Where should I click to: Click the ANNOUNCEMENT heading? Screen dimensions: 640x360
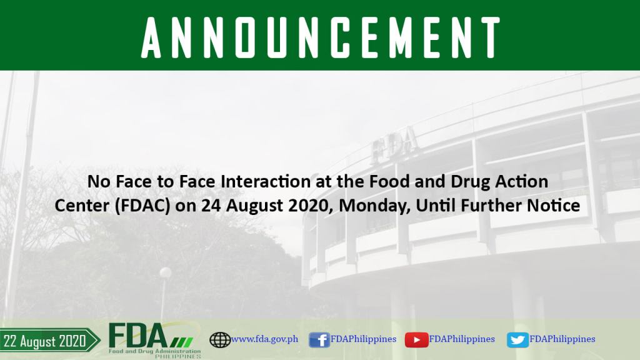pyautogui.click(x=321, y=37)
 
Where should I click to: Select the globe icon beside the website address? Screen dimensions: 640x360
pyautogui.click(x=220, y=339)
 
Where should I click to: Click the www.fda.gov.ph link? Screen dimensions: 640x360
pyautogui.click(x=264, y=339)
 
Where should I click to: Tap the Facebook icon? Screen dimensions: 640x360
pyautogui.click(x=319, y=339)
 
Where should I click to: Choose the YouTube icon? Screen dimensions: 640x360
pyautogui.click(x=416, y=340)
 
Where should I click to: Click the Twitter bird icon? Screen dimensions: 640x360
pyautogui.click(x=517, y=340)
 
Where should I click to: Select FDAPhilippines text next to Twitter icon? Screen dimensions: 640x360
pyautogui.click(x=562, y=339)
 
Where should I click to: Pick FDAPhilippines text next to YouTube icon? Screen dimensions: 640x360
pyautogui.click(x=462, y=339)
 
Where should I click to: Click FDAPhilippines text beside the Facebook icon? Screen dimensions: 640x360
pyautogui.click(x=363, y=339)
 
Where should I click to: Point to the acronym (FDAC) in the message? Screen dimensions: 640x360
pyautogui.click(x=142, y=205)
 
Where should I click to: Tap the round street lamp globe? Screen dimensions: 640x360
pyautogui.click(x=165, y=272)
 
